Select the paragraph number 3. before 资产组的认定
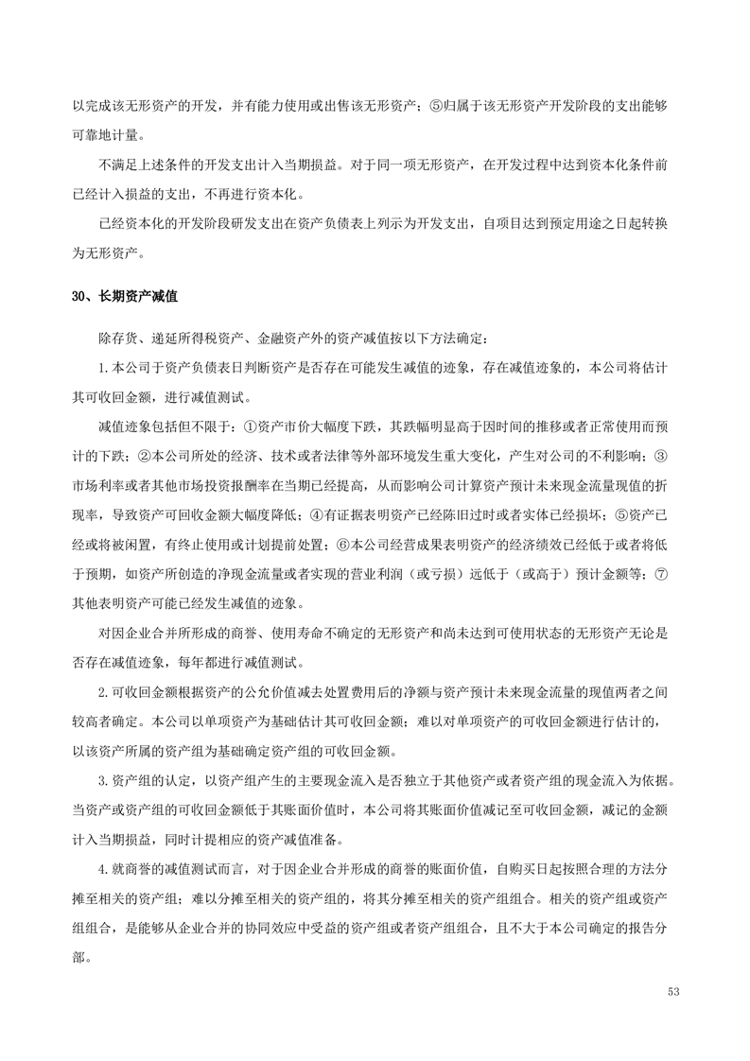pyautogui.click(x=104, y=781)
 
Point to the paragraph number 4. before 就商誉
pyautogui.click(x=104, y=868)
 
